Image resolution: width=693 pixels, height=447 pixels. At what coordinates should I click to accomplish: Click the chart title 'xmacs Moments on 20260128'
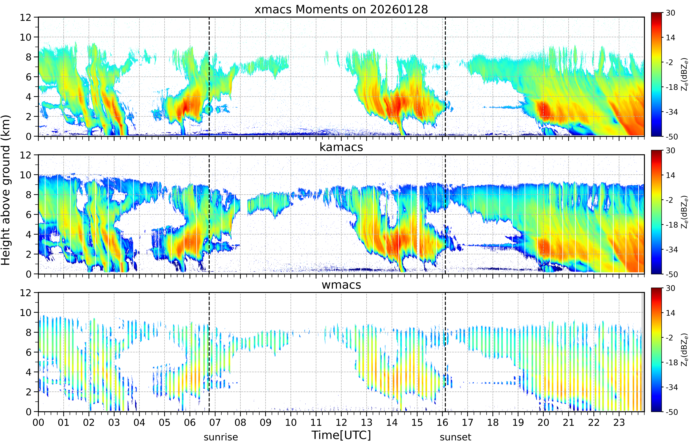tap(341, 10)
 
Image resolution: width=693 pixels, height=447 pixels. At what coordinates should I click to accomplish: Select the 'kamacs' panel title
tap(341, 147)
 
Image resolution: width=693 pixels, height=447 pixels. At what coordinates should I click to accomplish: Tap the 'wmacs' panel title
tap(341, 285)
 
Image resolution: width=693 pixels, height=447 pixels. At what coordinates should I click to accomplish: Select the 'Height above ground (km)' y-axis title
tap(6, 190)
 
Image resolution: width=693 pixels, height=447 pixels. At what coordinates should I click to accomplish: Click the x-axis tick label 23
tap(619, 422)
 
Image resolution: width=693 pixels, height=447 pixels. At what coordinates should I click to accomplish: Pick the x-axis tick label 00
tap(38, 422)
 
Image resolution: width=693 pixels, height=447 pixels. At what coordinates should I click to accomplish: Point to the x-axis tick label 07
tap(215, 422)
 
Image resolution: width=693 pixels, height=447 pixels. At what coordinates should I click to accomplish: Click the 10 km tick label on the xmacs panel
tap(26, 37)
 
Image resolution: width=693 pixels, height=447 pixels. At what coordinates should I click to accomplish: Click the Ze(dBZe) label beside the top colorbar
tap(684, 75)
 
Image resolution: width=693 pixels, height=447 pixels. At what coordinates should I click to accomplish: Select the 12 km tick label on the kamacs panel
tap(26, 155)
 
